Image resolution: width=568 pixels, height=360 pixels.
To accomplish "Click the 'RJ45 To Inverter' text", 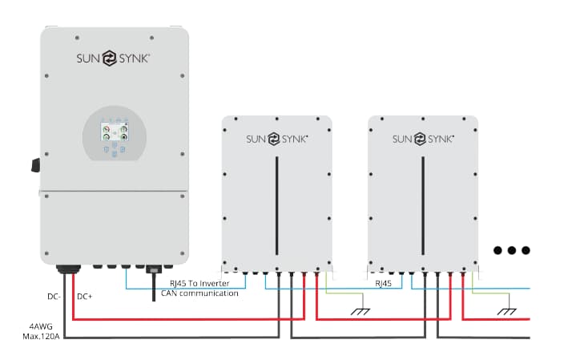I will (x=199, y=283).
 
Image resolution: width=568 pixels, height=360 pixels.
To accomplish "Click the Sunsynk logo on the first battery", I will (x=276, y=139).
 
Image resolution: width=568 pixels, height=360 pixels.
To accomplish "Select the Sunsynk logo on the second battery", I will (x=423, y=139).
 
